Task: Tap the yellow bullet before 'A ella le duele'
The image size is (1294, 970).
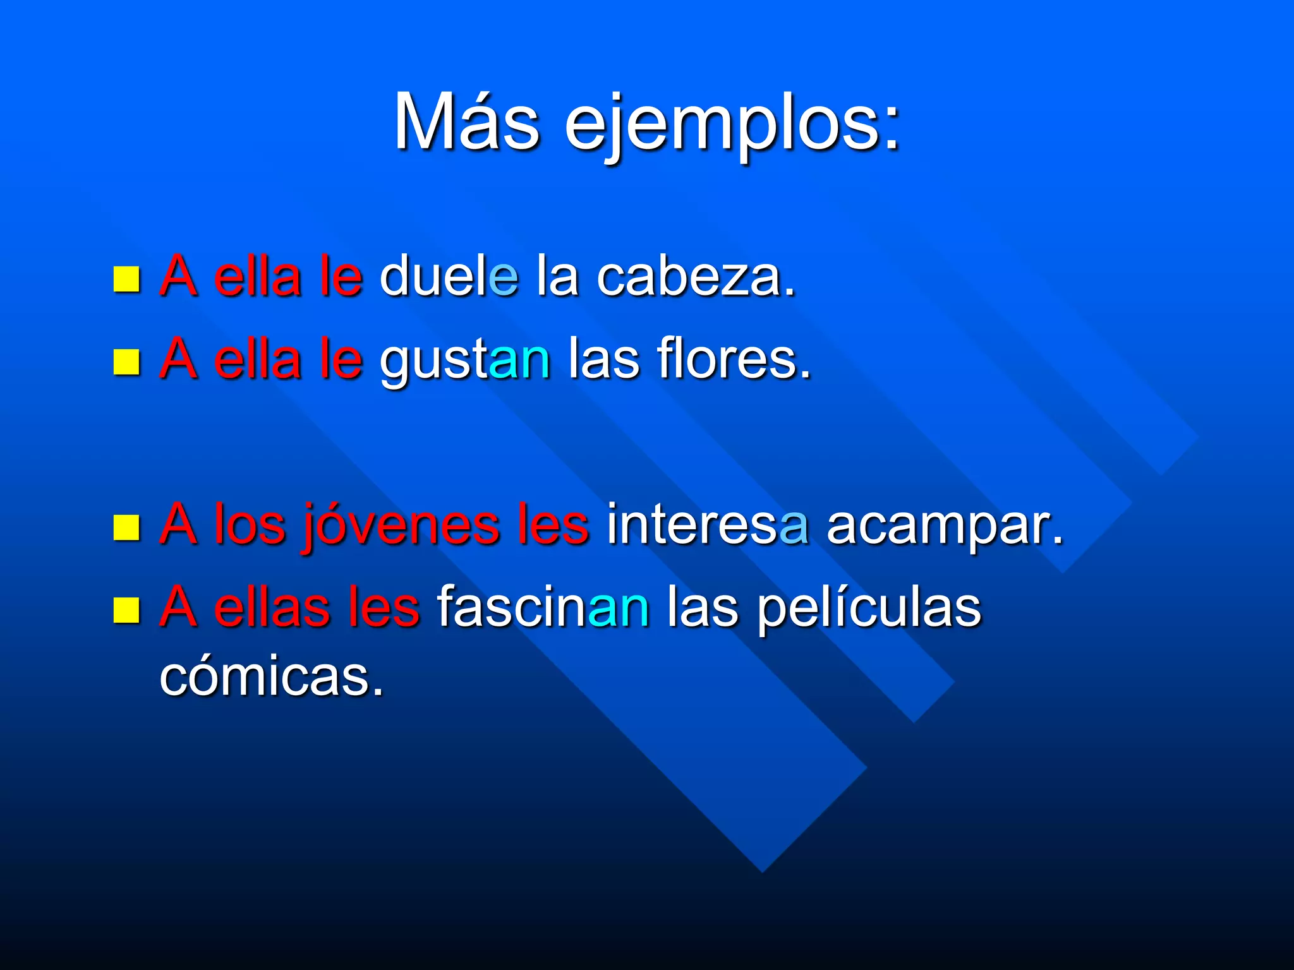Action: (x=126, y=278)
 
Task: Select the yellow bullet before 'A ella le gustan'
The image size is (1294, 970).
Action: (x=126, y=362)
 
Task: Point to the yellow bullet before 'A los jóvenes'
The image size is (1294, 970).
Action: (x=126, y=527)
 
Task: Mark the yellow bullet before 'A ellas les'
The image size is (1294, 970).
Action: (x=126, y=610)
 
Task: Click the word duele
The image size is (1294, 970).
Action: (x=449, y=276)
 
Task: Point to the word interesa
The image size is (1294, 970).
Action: (x=707, y=524)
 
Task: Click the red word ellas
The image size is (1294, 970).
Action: (x=272, y=608)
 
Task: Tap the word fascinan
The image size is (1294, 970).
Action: (x=543, y=608)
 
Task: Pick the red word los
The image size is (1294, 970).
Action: (x=250, y=524)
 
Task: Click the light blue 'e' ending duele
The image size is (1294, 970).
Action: (x=504, y=277)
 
